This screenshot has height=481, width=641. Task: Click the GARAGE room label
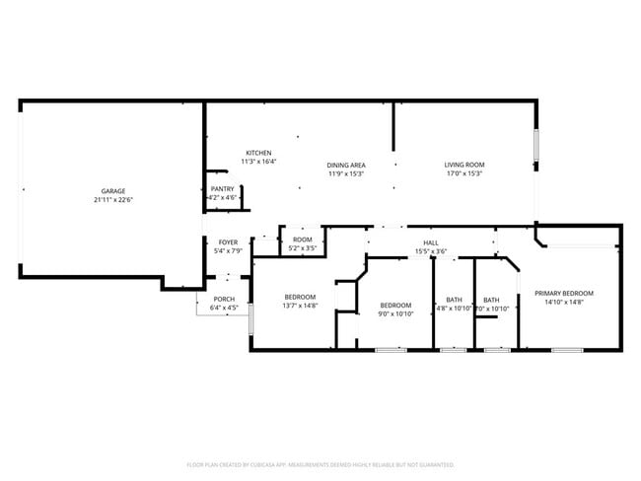tap(112, 190)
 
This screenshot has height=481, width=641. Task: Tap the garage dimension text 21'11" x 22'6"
tap(112, 200)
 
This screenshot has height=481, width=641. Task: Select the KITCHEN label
tap(259, 152)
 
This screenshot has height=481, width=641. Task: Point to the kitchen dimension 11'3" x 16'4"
tap(259, 162)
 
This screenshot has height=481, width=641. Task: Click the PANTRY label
tap(222, 188)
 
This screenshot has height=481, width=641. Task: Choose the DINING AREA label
tap(347, 165)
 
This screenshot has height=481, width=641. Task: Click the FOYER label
tap(228, 241)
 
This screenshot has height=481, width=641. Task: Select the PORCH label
tap(224, 299)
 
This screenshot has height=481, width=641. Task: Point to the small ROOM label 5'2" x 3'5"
tap(302, 240)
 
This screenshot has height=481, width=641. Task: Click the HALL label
tap(431, 241)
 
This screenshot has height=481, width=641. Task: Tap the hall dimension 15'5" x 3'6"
tap(431, 251)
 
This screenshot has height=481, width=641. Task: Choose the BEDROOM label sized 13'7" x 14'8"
tap(300, 297)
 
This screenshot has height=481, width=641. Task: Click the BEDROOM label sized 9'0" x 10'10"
tap(394, 305)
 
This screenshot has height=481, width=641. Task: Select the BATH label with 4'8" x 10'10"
tap(454, 300)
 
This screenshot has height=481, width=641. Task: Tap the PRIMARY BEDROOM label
tap(564, 293)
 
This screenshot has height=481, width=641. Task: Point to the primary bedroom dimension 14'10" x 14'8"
tap(564, 303)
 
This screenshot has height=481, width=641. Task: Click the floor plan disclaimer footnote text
tap(320, 463)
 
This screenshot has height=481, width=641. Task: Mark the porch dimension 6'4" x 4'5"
tap(224, 309)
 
